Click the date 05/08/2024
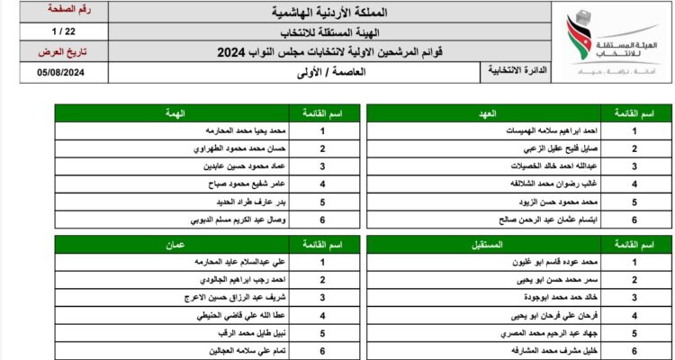pos(62,75)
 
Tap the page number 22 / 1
pos(62,32)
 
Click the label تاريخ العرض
pos(62,53)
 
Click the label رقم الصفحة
pos(62,11)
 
